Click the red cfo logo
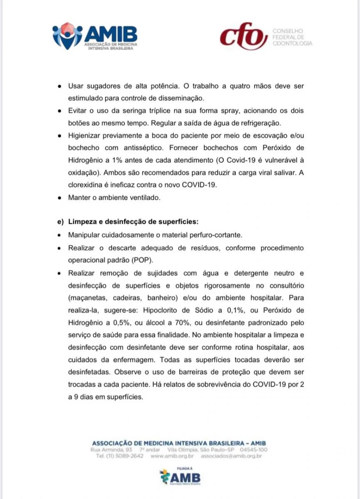pos(243,36)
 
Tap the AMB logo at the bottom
pos(180,477)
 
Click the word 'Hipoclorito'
pos(161,310)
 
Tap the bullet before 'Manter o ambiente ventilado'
pos(60,198)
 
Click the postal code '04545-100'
pos(253,450)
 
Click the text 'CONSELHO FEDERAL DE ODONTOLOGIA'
pos(291,37)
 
